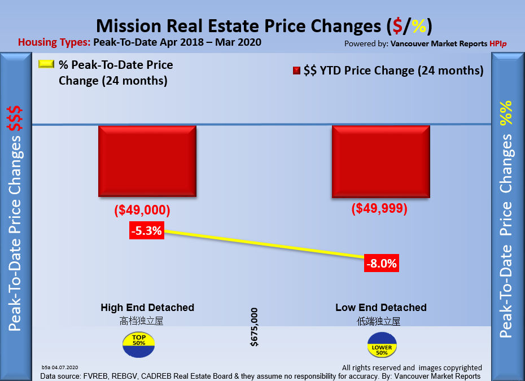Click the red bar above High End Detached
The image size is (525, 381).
147,161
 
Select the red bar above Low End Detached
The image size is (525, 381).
380,161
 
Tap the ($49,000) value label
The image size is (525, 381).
142,210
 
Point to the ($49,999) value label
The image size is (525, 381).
379,208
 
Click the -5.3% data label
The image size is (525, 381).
147,230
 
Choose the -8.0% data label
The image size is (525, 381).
381,263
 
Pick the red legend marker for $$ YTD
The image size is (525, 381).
296,71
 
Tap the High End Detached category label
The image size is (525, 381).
147,308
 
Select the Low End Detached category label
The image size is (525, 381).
381,308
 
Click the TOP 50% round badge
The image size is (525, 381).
138,344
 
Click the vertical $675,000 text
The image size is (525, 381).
254,327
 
